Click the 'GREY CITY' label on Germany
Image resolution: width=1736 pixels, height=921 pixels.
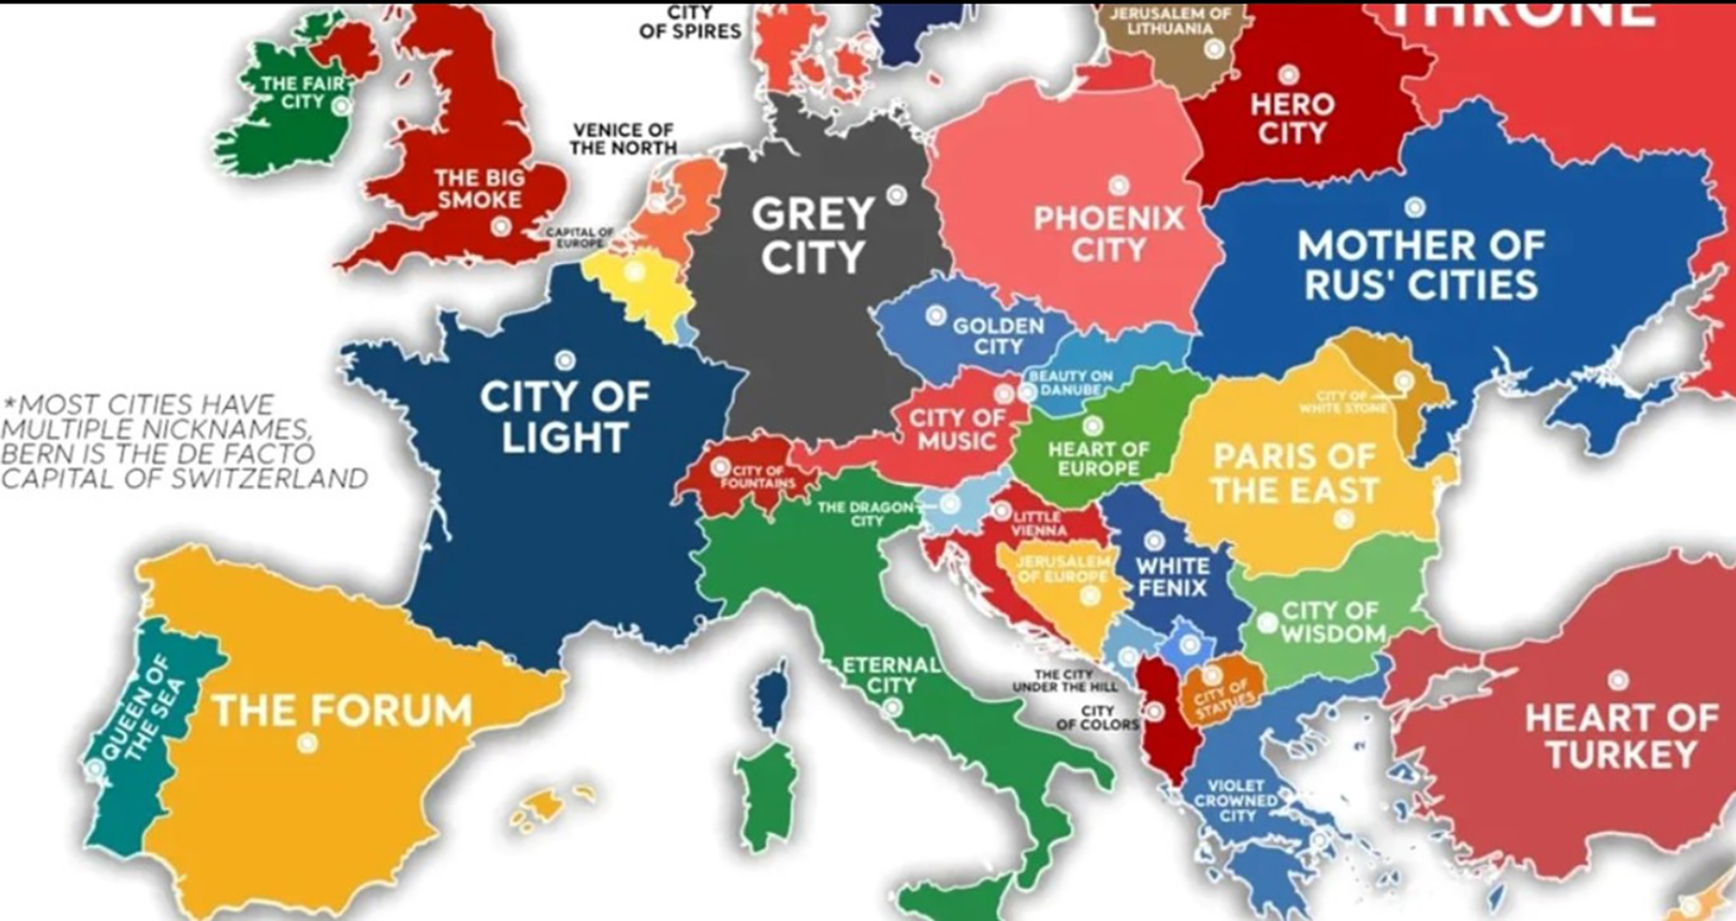tap(812, 235)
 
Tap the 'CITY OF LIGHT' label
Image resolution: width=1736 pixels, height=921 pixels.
tap(564, 417)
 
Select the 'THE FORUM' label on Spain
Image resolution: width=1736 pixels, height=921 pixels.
tap(342, 711)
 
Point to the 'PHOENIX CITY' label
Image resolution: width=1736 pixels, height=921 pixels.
tap(1108, 233)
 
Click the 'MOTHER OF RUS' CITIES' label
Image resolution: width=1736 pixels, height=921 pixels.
tap(1421, 265)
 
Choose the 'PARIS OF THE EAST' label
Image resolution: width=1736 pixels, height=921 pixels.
tap(1294, 473)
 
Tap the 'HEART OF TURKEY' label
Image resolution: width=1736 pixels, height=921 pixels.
tap(1621, 736)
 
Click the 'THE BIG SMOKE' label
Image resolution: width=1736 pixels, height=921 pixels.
tap(478, 188)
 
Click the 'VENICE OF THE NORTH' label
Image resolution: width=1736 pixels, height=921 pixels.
tap(623, 139)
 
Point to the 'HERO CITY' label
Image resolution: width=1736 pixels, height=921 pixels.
tap(1291, 118)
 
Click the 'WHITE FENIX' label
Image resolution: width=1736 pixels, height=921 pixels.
tap(1172, 576)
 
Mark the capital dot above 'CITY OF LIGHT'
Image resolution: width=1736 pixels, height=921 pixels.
tap(565, 361)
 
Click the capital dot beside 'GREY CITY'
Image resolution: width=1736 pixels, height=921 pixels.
tap(897, 196)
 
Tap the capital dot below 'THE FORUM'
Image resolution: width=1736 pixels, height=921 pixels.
tap(308, 743)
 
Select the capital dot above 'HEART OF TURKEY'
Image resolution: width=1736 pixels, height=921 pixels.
tap(1618, 681)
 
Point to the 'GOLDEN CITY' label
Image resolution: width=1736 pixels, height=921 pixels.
tap(998, 336)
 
